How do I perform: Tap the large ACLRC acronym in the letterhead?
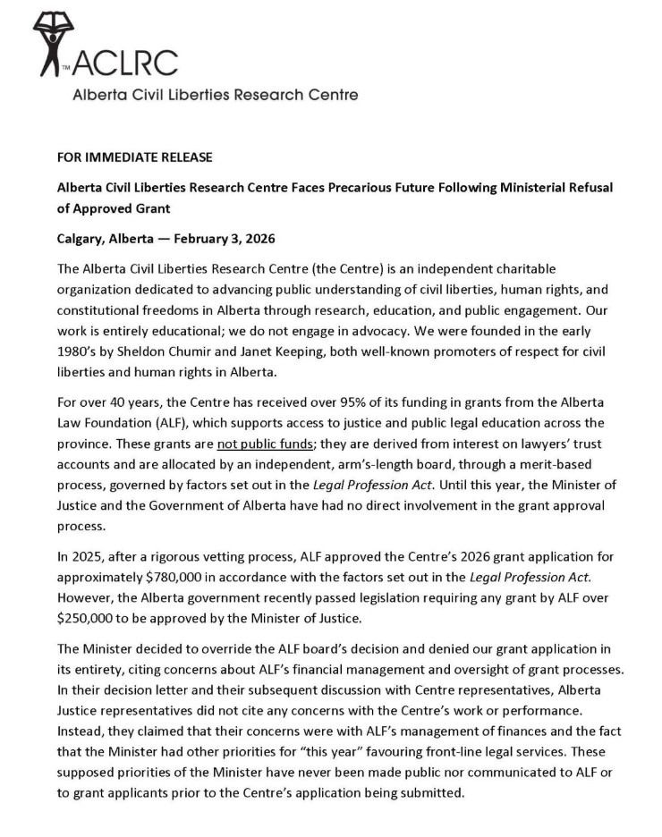point(124,63)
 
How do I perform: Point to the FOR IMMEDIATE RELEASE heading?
point(135,158)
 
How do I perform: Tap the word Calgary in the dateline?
point(81,239)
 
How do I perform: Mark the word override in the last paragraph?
point(206,644)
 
